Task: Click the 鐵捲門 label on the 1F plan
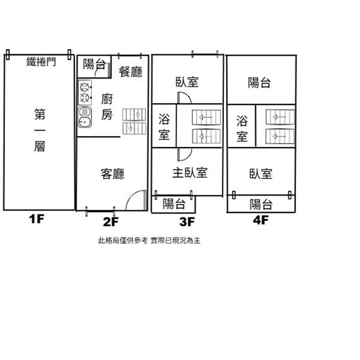coord(41,62)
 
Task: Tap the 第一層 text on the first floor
coord(40,130)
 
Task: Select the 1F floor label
coord(36,219)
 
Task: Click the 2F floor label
coord(111,221)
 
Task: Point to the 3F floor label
coord(187,221)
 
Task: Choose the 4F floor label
coord(261,220)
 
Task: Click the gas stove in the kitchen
coord(85,93)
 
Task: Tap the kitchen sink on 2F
coord(85,117)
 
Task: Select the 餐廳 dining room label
coord(130,72)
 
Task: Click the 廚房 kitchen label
coord(107,107)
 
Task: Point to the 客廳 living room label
coord(112,174)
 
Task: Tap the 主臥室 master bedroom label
coord(190,173)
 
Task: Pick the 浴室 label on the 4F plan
coord(242,128)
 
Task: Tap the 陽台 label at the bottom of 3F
coord(174,204)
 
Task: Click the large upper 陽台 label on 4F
coord(259,83)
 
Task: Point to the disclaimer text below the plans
coord(149,241)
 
